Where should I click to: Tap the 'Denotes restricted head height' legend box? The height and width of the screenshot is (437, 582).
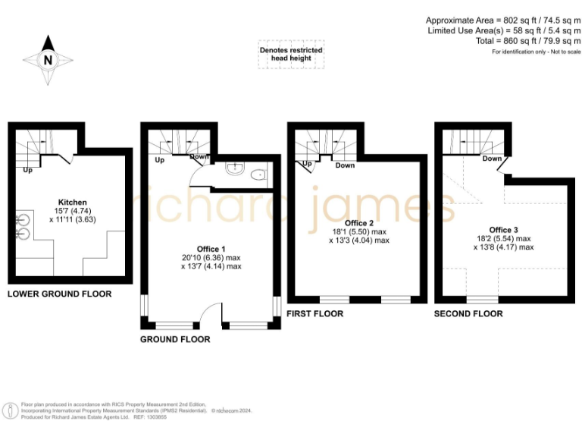[x=291, y=54]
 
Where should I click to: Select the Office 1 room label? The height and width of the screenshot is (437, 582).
[x=211, y=249]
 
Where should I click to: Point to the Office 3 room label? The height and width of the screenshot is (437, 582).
[x=503, y=230]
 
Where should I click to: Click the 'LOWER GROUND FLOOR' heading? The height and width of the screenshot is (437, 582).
[x=59, y=294]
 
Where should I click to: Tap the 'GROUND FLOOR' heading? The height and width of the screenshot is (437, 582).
[x=175, y=339]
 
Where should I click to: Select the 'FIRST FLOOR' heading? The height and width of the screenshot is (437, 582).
[x=314, y=313]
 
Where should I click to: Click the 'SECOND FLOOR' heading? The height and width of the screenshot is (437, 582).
[x=468, y=313]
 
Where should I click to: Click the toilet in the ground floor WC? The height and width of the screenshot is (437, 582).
[x=259, y=174]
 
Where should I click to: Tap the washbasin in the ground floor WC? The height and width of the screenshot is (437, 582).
[x=233, y=170]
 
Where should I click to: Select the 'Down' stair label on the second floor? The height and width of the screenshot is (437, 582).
[x=492, y=159]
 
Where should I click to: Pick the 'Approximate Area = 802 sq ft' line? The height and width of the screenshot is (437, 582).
[x=503, y=20]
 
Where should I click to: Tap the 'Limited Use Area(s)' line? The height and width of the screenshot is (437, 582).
[x=503, y=30]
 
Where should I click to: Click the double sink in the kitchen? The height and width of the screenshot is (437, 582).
[x=22, y=226]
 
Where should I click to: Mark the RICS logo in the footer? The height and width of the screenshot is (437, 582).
[x=11, y=410]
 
